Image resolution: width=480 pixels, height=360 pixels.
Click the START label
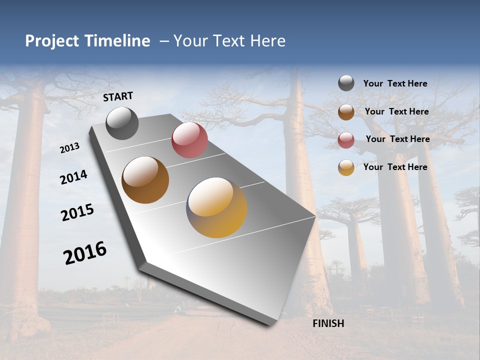tap(118, 96)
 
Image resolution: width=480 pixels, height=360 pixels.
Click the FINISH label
tap(328, 323)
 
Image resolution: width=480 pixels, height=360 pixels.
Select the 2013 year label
tap(70, 148)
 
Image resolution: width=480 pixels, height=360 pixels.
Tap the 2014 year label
tap(73, 177)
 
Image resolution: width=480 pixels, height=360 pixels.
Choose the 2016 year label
tap(85, 253)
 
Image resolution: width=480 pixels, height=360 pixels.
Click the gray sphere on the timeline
tap(122, 123)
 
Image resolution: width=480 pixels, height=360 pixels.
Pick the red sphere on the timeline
tap(189, 140)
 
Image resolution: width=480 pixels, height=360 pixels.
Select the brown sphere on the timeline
tap(145, 180)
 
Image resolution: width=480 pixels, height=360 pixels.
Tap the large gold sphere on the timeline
tap(216, 207)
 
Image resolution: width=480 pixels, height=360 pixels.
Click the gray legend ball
tap(346, 83)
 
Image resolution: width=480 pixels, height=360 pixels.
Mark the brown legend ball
tap(346, 112)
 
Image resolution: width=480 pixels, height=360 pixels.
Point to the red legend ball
tap(346, 140)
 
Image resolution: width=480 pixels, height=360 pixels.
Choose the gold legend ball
tap(346, 167)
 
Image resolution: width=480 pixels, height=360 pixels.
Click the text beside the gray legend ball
tap(395, 83)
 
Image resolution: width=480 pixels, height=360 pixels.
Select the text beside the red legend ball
tap(397, 139)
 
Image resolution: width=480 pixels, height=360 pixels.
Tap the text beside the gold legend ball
tap(395, 167)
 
